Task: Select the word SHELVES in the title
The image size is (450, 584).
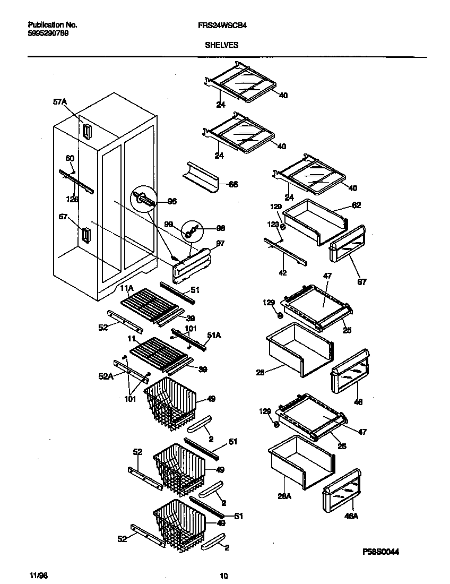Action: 221,45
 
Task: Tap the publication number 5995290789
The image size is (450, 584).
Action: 48,33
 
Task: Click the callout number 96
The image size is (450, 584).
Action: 172,201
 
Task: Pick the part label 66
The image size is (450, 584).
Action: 233,184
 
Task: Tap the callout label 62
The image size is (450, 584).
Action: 356,205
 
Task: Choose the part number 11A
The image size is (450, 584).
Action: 126,288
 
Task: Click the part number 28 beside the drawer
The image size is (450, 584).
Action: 260,373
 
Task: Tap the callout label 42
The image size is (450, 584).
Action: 283,273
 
